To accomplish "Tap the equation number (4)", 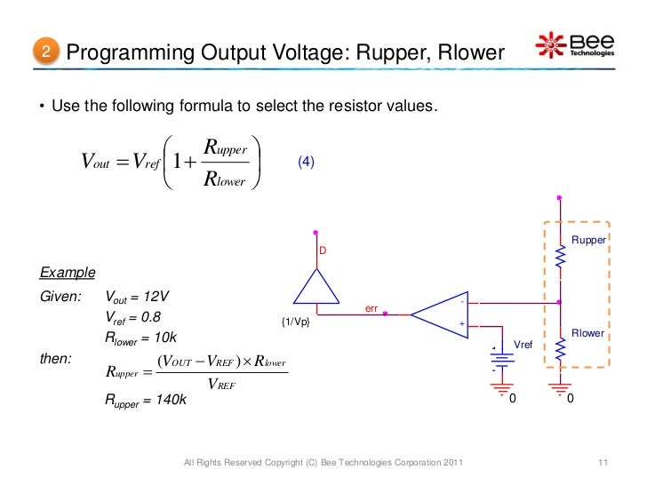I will [x=306, y=163].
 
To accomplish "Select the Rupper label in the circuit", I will [x=587, y=240].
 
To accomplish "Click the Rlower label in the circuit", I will [x=587, y=333].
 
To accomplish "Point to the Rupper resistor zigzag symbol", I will [x=559, y=258].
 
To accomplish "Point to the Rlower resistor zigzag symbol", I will [x=559, y=351].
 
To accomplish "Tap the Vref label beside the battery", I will [x=524, y=341].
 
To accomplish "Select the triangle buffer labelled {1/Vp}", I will [x=315, y=285].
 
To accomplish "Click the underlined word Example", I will [x=68, y=272].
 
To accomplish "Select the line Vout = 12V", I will [x=138, y=296].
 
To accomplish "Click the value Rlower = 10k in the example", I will [x=143, y=338].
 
